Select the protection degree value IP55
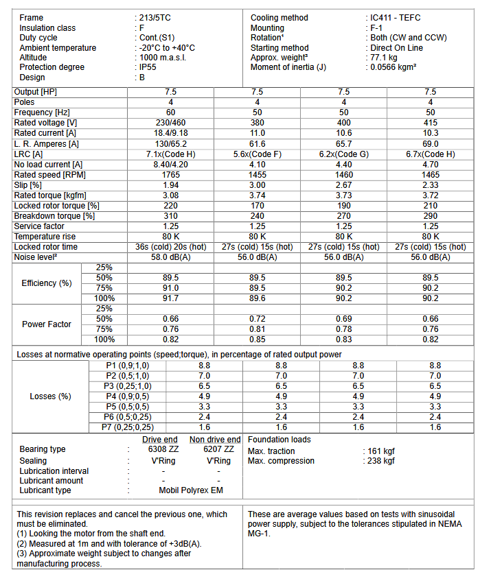pyautogui.click(x=149, y=67)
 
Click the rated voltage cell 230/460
pyautogui.click(x=170, y=123)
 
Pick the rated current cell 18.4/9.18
pyautogui.click(x=170, y=133)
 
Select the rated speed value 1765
pyautogui.click(x=170, y=175)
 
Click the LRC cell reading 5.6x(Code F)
pyautogui.click(x=257, y=154)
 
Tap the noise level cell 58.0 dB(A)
pyautogui.click(x=170, y=257)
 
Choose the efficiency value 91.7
pyautogui.click(x=170, y=298)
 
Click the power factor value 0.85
pyautogui.click(x=257, y=339)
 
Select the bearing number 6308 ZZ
pyautogui.click(x=159, y=449)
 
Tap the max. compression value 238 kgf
pyautogui.click(x=381, y=461)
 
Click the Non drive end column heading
pyautogui.click(x=215, y=440)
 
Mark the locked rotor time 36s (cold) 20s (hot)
pyautogui.click(x=170, y=247)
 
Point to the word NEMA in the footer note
pyautogui.click(x=454, y=524)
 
